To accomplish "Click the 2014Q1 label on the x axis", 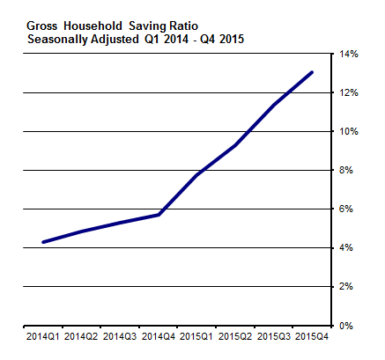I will pos(42,336).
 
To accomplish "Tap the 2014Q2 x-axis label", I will pos(81,336).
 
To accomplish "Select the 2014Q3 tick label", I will pos(120,336).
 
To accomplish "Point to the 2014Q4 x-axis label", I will pos(159,336).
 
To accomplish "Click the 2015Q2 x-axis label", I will pos(235,336).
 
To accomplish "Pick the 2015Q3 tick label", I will pos(274,336).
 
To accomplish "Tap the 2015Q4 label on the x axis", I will pos(313,336).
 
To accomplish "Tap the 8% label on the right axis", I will pos(347,170).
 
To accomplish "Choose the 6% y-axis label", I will pos(347,209).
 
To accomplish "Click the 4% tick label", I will pos(347,247).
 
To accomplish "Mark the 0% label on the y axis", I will pos(347,325).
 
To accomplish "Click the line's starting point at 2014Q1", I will pos(42,242).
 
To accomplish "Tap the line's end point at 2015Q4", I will pos(313,72).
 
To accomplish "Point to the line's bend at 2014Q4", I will pos(159,215).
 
